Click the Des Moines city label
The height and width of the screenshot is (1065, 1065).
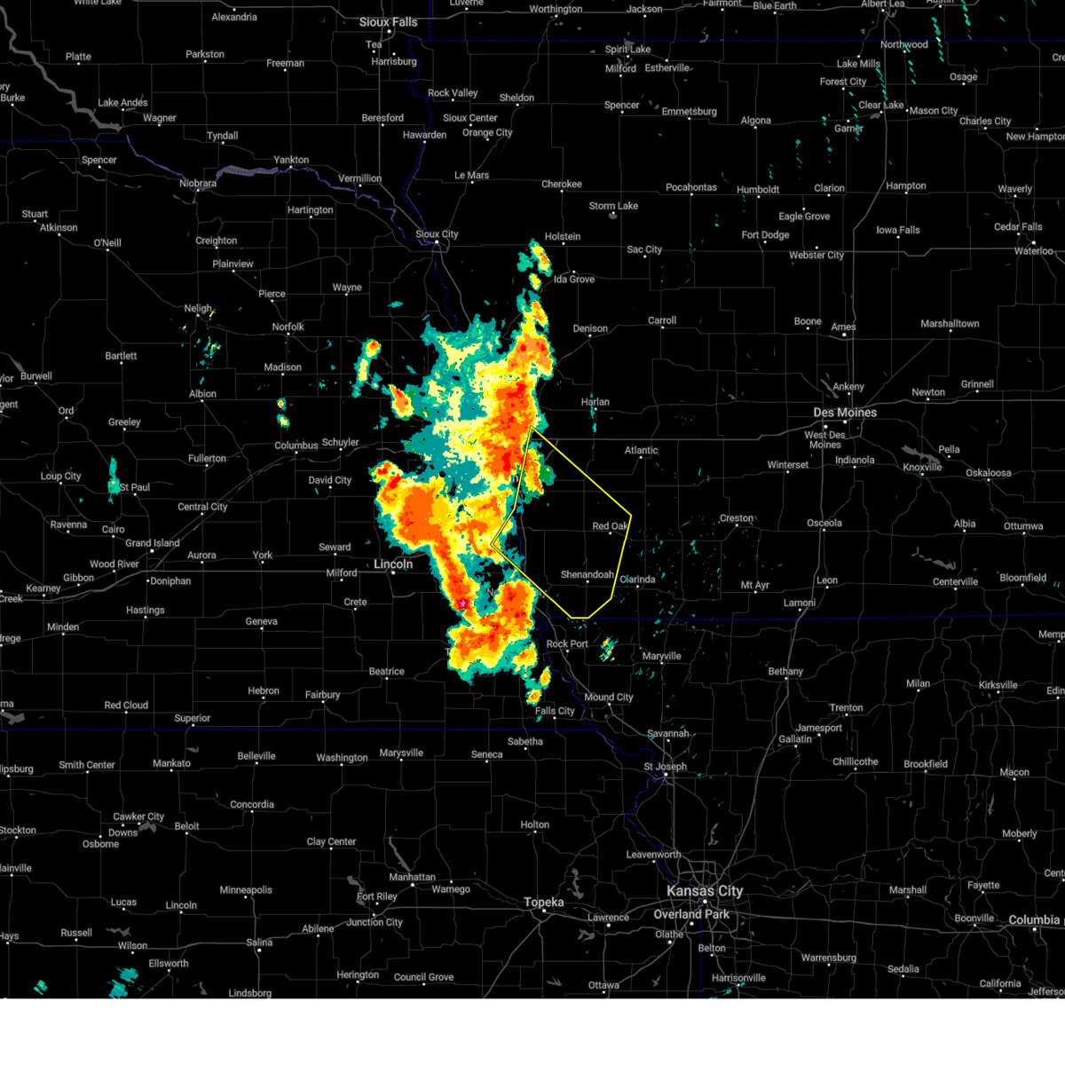(845, 413)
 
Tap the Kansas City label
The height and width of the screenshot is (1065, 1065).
(705, 891)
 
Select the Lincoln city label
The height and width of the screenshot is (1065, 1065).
(393, 564)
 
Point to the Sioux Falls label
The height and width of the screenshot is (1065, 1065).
(388, 22)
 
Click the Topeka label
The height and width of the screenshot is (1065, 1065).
(543, 903)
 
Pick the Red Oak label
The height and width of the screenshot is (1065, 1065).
(611, 526)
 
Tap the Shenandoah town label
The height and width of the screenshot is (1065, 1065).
(587, 575)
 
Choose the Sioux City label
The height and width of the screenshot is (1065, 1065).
(437, 235)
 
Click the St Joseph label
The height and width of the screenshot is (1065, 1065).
(665, 767)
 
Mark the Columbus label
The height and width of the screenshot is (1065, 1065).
(296, 446)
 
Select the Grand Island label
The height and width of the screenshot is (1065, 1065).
(152, 543)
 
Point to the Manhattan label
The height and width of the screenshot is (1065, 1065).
(412, 877)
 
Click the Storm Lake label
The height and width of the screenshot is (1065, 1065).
(613, 206)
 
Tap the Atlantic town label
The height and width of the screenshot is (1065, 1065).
(641, 451)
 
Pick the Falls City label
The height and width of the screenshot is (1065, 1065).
(555, 711)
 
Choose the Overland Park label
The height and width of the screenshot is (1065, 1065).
(691, 914)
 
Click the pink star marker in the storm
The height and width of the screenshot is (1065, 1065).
(462, 603)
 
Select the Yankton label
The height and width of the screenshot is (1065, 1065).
(291, 161)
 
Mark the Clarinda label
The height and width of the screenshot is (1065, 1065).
(637, 580)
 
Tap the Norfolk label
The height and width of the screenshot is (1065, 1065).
(288, 327)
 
